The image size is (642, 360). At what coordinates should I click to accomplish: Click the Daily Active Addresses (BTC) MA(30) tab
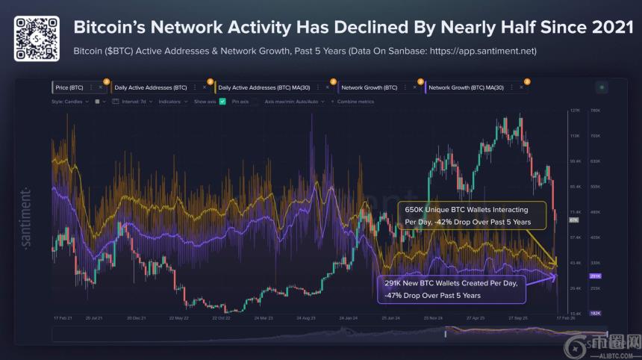pyautogui.click(x=264, y=87)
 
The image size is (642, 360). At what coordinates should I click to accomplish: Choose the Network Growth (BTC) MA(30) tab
pyautogui.click(x=467, y=87)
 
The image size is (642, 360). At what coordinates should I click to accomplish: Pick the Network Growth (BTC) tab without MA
pyautogui.click(x=369, y=87)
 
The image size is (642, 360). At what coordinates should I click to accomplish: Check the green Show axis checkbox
pyautogui.click(x=222, y=101)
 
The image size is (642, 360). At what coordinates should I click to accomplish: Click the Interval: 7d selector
pyautogui.click(x=131, y=101)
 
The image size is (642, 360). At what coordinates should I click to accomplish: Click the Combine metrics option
pyautogui.click(x=355, y=101)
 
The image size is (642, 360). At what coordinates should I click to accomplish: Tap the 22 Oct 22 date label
pyautogui.click(x=222, y=318)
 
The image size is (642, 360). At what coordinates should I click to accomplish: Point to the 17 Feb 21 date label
pyautogui.click(x=63, y=318)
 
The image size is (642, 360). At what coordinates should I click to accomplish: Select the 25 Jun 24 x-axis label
pyautogui.click(x=391, y=318)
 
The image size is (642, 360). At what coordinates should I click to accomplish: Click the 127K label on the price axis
pyautogui.click(x=575, y=111)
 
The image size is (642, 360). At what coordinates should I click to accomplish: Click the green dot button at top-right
pyautogui.click(x=602, y=87)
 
